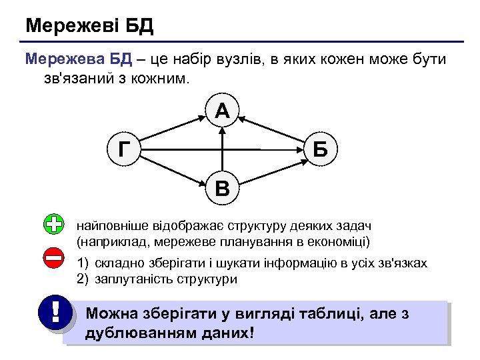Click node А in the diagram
tap(222, 111)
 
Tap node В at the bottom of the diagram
tap(222, 189)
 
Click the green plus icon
tap(53, 224)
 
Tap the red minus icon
tap(53, 258)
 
